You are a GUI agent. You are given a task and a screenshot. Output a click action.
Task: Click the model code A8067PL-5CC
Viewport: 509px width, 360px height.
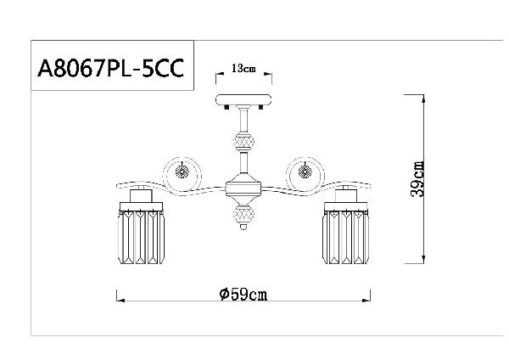[x=110, y=68]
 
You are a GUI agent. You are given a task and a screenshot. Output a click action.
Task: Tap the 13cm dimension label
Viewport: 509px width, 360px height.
[x=243, y=69]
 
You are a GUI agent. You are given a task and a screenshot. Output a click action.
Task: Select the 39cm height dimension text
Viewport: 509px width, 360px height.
[x=417, y=179]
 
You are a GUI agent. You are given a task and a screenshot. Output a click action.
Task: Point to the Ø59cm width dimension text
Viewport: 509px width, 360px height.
[x=243, y=295]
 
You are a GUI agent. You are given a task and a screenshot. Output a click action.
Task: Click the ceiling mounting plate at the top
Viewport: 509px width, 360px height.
[x=243, y=99]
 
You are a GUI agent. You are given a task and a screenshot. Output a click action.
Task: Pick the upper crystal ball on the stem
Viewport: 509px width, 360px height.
[x=243, y=143]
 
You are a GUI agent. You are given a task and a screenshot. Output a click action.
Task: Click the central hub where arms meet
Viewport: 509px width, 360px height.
[x=243, y=188]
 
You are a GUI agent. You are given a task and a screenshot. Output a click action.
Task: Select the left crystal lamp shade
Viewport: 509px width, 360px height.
[x=141, y=237]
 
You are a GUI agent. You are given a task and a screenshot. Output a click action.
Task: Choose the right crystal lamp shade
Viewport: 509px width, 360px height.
[x=346, y=237]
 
